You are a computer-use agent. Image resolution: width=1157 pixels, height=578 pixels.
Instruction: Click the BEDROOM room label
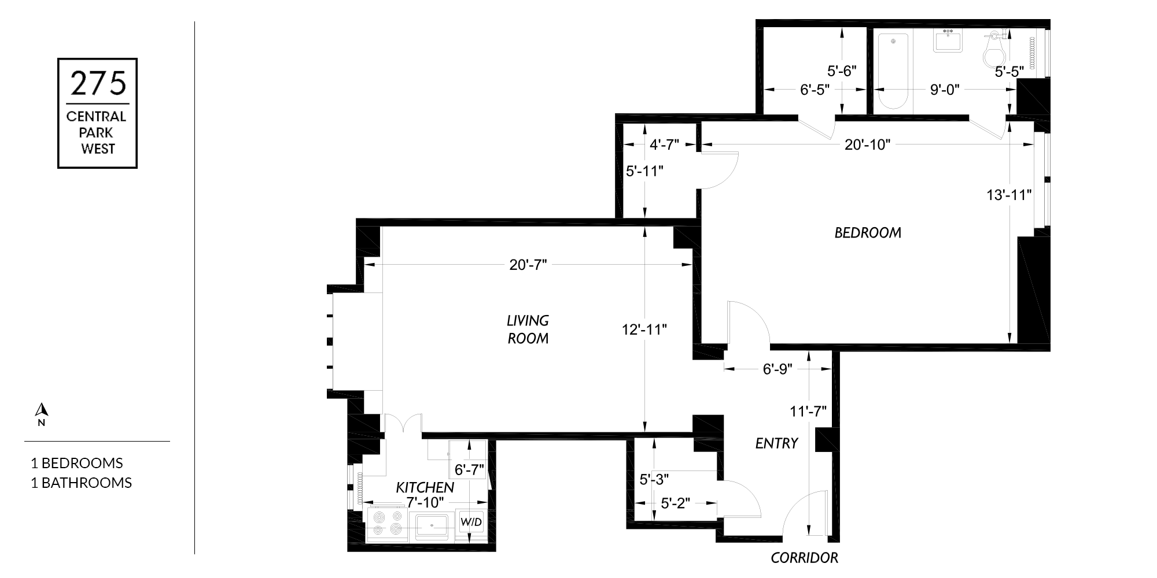(868, 232)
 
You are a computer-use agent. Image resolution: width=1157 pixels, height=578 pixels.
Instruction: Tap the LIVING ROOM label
(528, 329)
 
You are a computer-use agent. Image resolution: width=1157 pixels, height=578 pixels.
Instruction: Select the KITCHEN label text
(425, 487)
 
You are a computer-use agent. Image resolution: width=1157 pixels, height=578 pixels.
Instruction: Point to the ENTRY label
(777, 443)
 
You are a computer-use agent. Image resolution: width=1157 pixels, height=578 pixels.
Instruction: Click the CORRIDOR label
(805, 558)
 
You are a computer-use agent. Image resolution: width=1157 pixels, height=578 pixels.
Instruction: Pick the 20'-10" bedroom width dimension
(867, 144)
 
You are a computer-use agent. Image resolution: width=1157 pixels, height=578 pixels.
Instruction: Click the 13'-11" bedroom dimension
(1009, 195)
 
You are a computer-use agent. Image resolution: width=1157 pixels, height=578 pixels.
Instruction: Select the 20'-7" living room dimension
(528, 265)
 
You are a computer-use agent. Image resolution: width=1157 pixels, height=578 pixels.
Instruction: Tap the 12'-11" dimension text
(644, 329)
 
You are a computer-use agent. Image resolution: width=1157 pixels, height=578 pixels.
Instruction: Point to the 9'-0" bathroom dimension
(945, 90)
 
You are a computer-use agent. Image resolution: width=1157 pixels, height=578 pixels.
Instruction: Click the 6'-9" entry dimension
(777, 369)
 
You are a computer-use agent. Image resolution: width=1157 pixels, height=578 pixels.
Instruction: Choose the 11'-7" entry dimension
(808, 411)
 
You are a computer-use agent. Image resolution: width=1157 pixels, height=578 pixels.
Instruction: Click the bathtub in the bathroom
(893, 71)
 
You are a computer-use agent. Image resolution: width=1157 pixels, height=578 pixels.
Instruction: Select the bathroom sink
(948, 42)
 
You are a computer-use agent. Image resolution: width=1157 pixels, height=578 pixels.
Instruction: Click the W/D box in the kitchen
(471, 523)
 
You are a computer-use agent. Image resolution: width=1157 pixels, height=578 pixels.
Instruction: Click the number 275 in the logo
(98, 83)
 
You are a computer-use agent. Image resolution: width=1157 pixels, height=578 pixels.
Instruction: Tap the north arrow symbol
(41, 410)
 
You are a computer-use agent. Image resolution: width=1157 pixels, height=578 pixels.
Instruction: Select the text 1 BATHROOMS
(81, 483)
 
